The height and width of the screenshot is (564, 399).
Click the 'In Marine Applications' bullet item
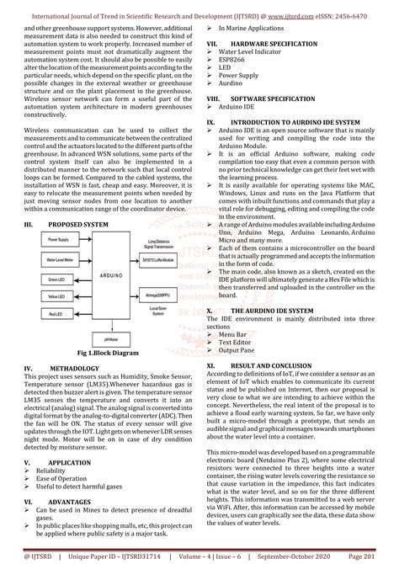tap(251, 28)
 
